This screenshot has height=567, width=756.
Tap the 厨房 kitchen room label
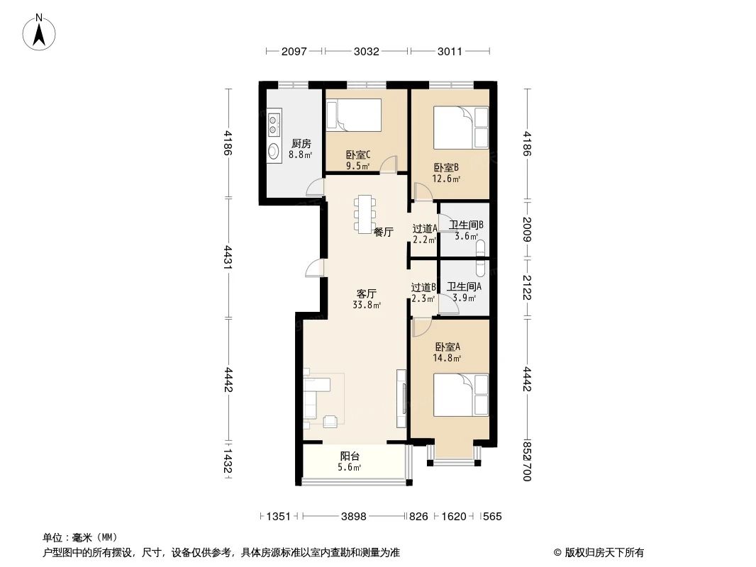tap(301, 143)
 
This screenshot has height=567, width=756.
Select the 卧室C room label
tap(358, 155)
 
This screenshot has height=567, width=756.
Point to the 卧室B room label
tap(447, 168)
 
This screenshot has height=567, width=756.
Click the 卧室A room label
tap(448, 347)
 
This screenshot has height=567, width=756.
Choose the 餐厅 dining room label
tap(384, 232)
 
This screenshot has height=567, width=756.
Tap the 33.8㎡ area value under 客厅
tap(367, 305)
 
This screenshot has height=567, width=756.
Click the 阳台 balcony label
tap(349, 457)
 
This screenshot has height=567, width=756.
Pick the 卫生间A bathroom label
tap(465, 287)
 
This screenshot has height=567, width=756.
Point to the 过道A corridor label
tap(425, 229)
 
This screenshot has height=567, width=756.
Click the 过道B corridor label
tap(423, 288)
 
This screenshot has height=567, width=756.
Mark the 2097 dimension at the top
tap(294, 51)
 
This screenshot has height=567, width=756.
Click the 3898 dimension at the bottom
tap(353, 517)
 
